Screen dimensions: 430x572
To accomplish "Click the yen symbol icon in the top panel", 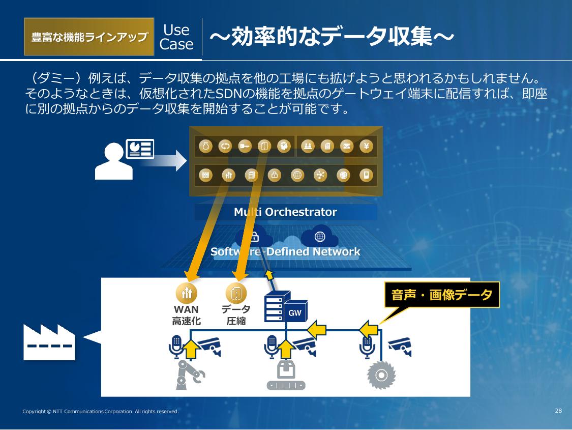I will [x=367, y=147].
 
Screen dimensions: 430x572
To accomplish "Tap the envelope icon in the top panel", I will [x=347, y=147].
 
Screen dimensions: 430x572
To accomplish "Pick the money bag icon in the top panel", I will [x=206, y=147].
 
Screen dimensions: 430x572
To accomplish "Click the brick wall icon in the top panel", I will [x=206, y=176].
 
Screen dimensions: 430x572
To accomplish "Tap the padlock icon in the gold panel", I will [x=274, y=176].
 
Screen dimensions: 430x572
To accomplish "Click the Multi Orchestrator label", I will [x=285, y=212].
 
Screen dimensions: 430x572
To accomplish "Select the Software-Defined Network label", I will [x=285, y=252].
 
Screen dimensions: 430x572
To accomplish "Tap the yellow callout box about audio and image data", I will [x=442, y=295].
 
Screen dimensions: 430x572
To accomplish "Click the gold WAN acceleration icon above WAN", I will [x=186, y=293].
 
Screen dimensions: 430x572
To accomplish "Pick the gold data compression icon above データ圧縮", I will [x=236, y=293].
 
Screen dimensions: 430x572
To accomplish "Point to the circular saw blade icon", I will [x=381, y=376].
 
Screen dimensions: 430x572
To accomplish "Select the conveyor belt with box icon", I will [x=286, y=377].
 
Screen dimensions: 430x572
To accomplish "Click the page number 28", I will [x=558, y=411].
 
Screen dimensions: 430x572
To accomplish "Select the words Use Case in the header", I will [x=176, y=37].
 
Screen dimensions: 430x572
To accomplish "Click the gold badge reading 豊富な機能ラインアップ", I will [x=89, y=37].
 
